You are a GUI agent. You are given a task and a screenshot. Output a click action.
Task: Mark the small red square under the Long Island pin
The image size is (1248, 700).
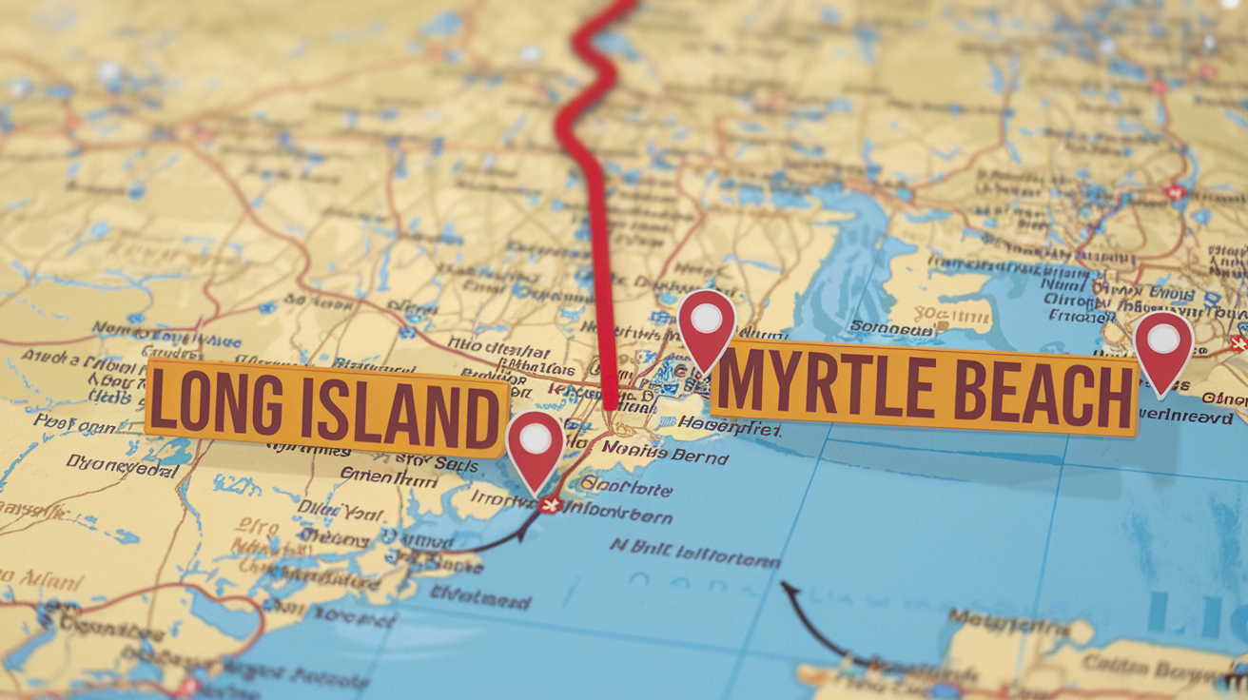[x=549, y=505]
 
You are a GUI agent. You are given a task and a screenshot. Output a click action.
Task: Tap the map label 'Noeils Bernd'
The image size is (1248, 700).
[x=678, y=455]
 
